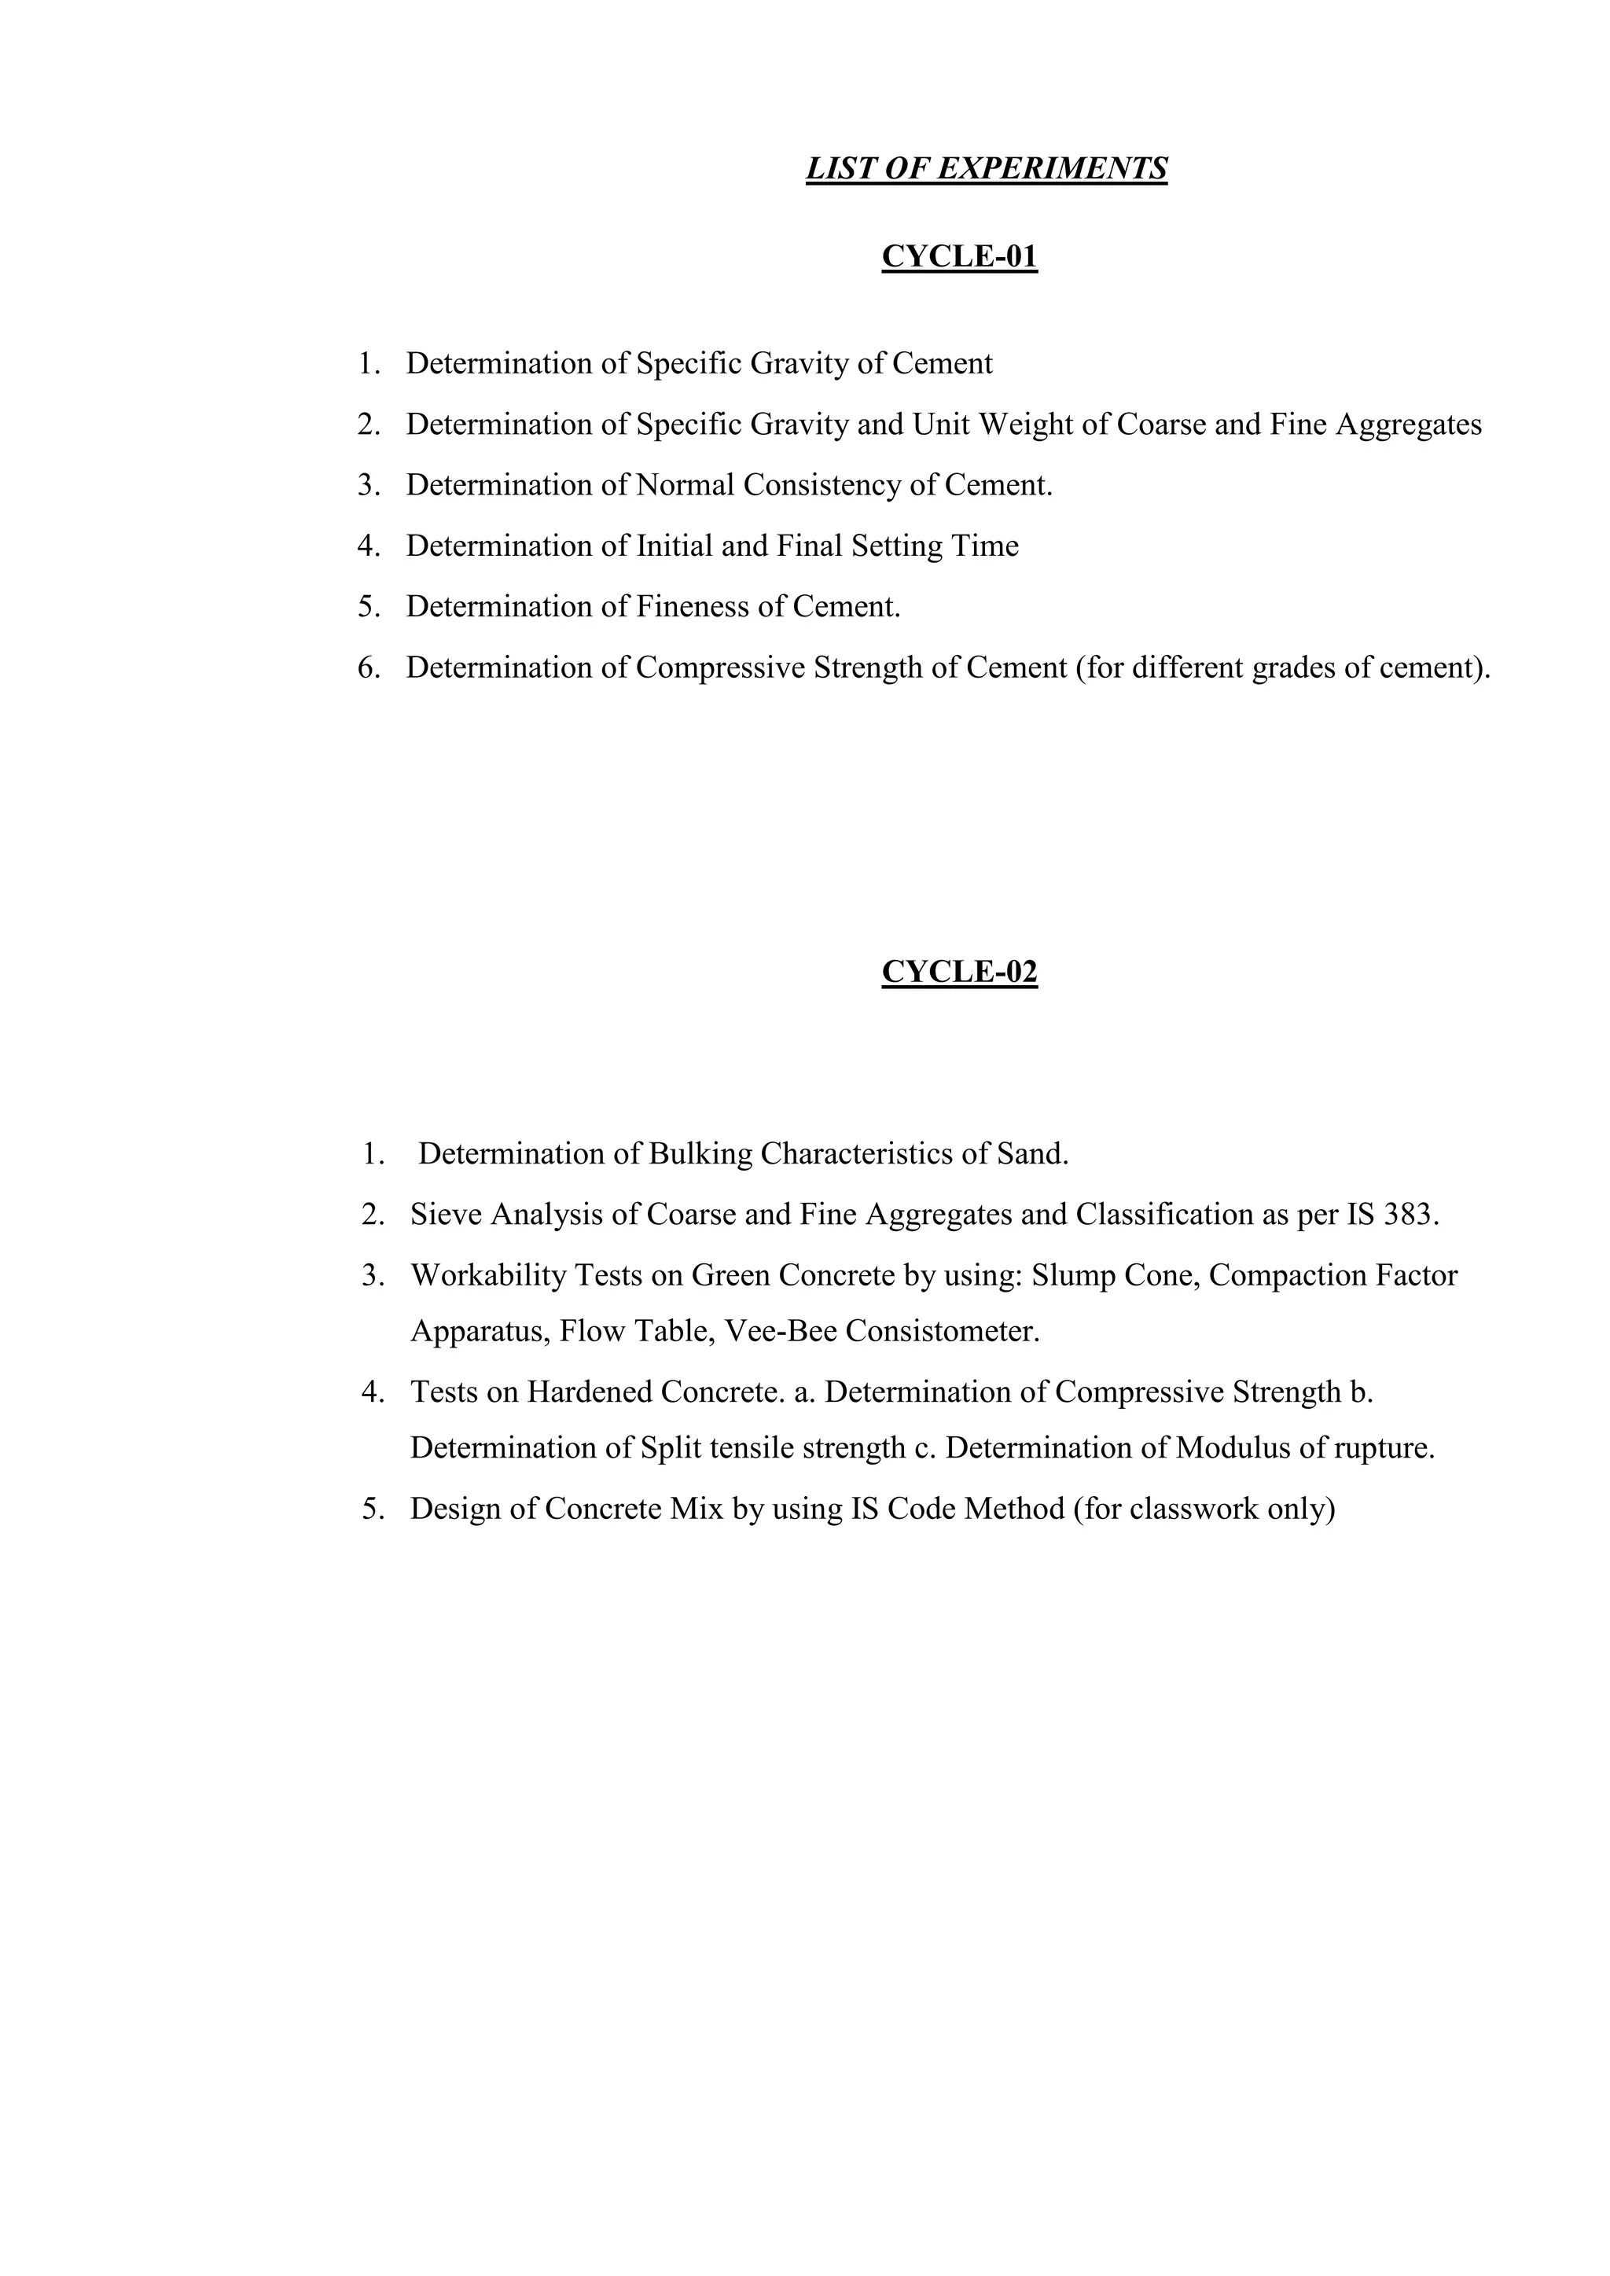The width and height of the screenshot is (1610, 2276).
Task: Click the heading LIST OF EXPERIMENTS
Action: tap(986, 168)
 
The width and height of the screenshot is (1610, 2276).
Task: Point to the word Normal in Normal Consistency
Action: tap(685, 485)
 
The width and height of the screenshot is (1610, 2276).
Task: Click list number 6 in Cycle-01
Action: tap(368, 668)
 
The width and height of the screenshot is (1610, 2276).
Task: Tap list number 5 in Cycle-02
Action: tap(372, 1509)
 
